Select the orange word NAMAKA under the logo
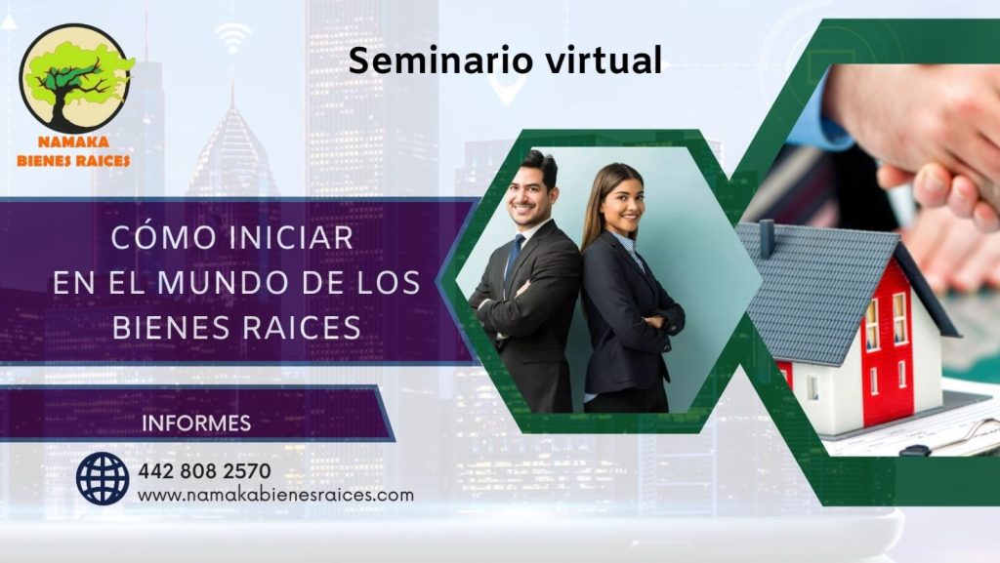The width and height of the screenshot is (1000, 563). click(x=73, y=142)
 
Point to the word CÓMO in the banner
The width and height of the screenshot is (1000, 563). click(x=164, y=237)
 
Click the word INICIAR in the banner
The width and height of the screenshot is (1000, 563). click(x=291, y=238)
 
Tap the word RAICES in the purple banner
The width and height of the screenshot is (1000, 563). click(x=302, y=327)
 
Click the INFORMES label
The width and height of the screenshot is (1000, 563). click(x=196, y=422)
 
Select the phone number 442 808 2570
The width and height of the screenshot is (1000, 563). click(x=204, y=470)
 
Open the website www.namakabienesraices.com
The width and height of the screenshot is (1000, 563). click(x=275, y=495)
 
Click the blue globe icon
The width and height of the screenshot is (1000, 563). click(x=102, y=478)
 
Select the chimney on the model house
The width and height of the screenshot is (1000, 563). click(x=766, y=239)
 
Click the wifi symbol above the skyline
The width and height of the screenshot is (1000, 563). click(x=232, y=38)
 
